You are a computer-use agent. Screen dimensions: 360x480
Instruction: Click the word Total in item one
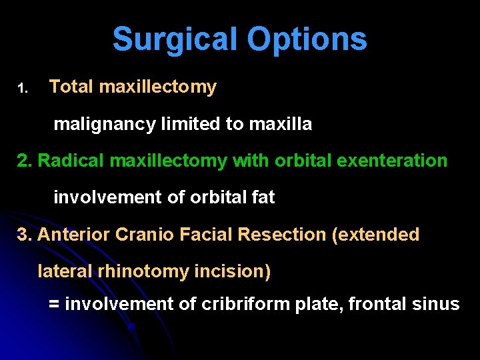pyautogui.click(x=72, y=87)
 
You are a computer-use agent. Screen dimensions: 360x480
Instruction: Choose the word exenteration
pyautogui.click(x=393, y=161)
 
